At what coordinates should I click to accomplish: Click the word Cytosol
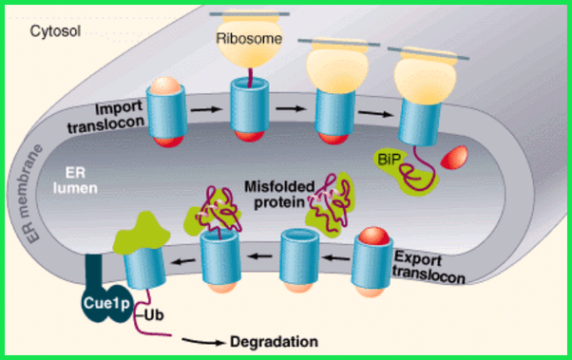[x=55, y=31]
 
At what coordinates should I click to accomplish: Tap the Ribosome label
[x=249, y=38]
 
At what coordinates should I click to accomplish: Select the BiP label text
[x=389, y=159]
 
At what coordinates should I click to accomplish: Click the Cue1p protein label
[x=106, y=303]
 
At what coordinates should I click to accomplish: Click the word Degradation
[x=274, y=342]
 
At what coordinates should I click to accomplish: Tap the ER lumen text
[x=75, y=180]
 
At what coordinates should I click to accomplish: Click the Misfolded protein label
[x=279, y=195]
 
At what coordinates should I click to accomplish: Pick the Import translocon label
[x=106, y=116]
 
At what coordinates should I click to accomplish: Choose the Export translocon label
[x=429, y=268]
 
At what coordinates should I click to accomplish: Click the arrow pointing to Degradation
[x=203, y=341]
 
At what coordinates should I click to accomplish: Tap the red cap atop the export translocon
[x=374, y=236]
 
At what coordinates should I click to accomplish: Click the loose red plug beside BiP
[x=454, y=158]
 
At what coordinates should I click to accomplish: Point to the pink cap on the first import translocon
[x=165, y=85]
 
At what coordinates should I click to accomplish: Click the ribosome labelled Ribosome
[x=250, y=39]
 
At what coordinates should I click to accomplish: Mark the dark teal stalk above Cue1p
[x=94, y=272]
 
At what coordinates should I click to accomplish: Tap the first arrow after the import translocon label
[x=206, y=109]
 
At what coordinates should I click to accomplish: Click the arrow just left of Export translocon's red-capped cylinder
[x=336, y=258]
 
